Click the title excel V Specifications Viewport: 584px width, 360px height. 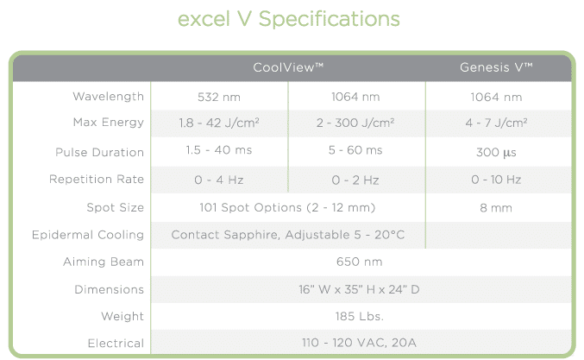[289, 19]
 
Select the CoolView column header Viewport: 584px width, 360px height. [288, 67]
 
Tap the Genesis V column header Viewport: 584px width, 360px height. [496, 67]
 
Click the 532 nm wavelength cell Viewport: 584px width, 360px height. [219, 98]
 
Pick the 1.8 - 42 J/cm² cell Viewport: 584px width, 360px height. [219, 123]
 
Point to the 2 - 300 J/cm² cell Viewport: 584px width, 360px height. [355, 123]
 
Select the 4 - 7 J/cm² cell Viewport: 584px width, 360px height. [496, 123]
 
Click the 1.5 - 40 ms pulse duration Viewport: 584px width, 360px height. [219, 150]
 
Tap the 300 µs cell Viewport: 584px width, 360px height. [496, 153]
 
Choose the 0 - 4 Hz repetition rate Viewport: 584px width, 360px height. [219, 180]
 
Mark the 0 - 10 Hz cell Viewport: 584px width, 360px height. [496, 180]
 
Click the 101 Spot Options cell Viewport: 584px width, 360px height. [287, 207]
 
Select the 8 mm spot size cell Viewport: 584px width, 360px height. [496, 208]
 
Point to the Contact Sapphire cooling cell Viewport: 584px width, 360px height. [288, 235]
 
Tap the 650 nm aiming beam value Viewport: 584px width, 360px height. [360, 262]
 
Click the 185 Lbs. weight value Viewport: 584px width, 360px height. [360, 316]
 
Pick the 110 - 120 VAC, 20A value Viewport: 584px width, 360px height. [360, 343]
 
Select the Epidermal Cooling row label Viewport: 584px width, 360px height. [88, 235]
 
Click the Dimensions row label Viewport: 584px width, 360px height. [110, 289]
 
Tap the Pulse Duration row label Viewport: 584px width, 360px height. [99, 153]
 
